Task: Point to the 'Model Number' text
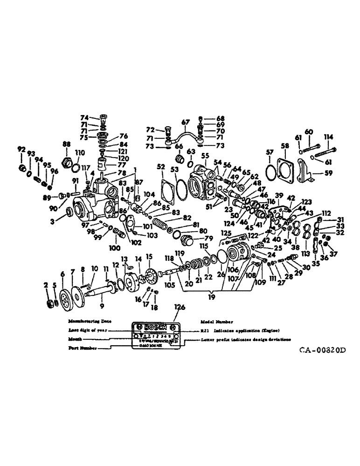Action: click(216, 322)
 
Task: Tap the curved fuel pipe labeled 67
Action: click(187, 133)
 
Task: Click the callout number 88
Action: click(66, 144)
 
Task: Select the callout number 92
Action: click(21, 150)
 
